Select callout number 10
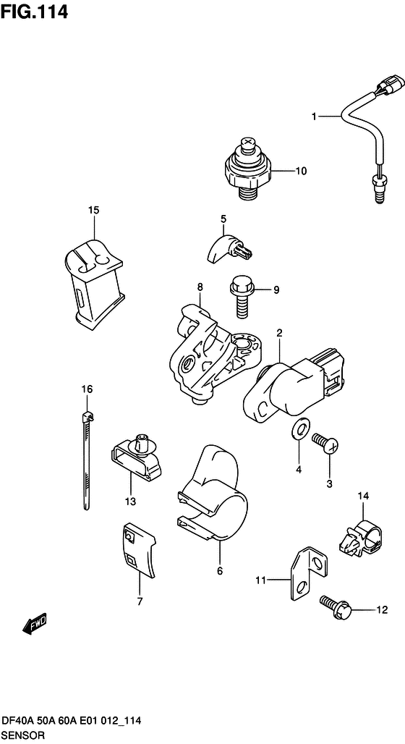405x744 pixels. click(x=301, y=172)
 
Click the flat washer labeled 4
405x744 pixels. click(x=299, y=431)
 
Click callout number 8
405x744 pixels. click(x=200, y=287)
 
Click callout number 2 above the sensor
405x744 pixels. click(x=278, y=333)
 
